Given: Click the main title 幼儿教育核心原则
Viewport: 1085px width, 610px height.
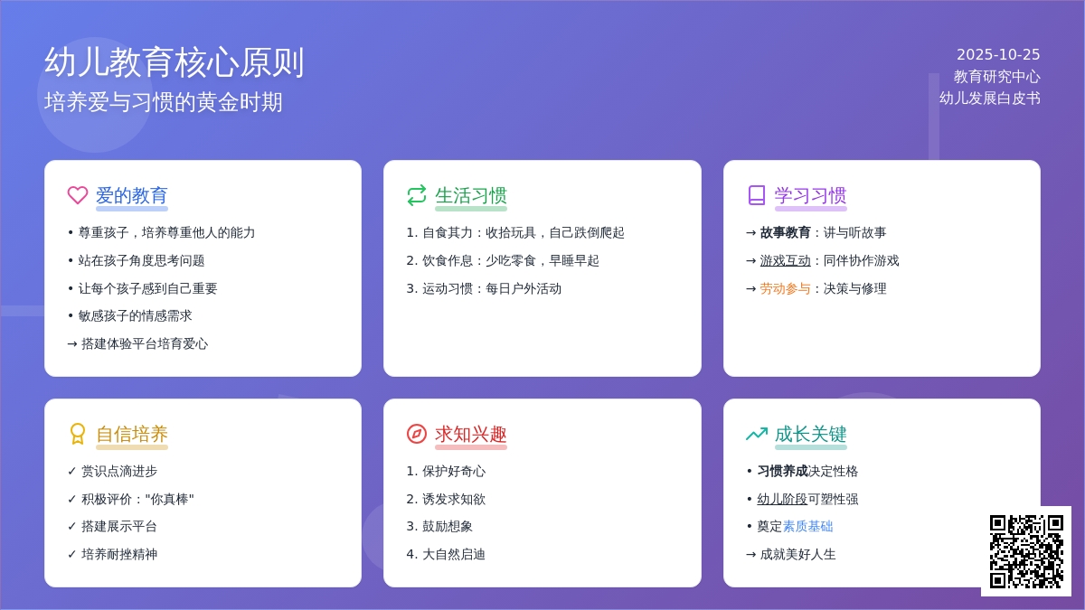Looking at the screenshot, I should coord(175,62).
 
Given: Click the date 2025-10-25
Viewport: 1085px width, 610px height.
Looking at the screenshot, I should coord(998,54).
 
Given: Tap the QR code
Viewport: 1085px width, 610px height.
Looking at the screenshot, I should coord(1026,551).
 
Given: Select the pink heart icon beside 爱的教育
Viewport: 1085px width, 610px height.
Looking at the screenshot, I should coord(78,195).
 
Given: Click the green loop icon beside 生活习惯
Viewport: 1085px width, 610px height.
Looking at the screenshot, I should coord(417,195).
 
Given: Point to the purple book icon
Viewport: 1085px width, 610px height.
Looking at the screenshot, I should coord(757,195).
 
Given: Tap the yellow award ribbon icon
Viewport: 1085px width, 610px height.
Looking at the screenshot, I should coord(78,434).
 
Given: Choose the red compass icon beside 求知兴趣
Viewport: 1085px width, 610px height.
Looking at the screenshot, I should coord(417,434).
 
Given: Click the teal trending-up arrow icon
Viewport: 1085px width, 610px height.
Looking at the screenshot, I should coord(757,434).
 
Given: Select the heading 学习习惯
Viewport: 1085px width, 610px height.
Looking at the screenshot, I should coord(810,195).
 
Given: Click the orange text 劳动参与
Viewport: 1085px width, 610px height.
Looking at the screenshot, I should coord(785,288).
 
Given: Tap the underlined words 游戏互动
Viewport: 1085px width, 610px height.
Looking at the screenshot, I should coord(785,260).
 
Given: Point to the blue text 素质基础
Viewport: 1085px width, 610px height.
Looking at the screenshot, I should coord(807,526).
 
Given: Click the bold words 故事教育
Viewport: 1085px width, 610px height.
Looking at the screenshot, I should coord(785,232).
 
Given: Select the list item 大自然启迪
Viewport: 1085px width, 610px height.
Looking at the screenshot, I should coord(453,554).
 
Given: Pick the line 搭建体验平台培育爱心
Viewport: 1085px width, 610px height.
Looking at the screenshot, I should coord(144,343).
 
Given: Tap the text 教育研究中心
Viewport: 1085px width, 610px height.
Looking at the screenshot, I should coord(996,77).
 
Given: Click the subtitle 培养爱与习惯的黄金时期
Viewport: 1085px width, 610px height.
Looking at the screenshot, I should coord(164,102).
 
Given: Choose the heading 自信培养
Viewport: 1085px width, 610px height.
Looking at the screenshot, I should coord(132,434).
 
